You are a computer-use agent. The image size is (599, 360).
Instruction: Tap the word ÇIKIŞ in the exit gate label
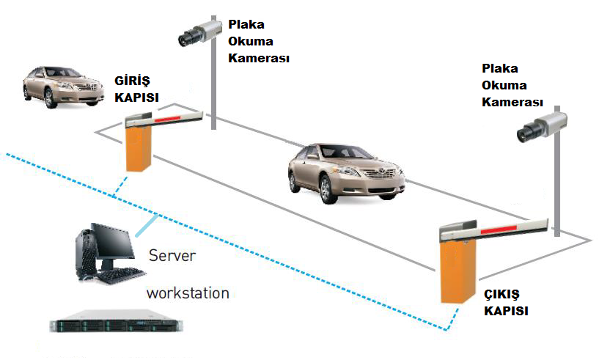coord(502,295)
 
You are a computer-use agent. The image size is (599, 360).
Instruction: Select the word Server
coord(173,257)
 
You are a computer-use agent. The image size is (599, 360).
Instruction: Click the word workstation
coord(188,293)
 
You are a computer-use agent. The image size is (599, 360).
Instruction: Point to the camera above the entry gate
coord(199,32)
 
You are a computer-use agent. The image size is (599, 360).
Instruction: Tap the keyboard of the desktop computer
coord(118,277)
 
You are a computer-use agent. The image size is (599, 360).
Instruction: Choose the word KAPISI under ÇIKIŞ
coord(505,311)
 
